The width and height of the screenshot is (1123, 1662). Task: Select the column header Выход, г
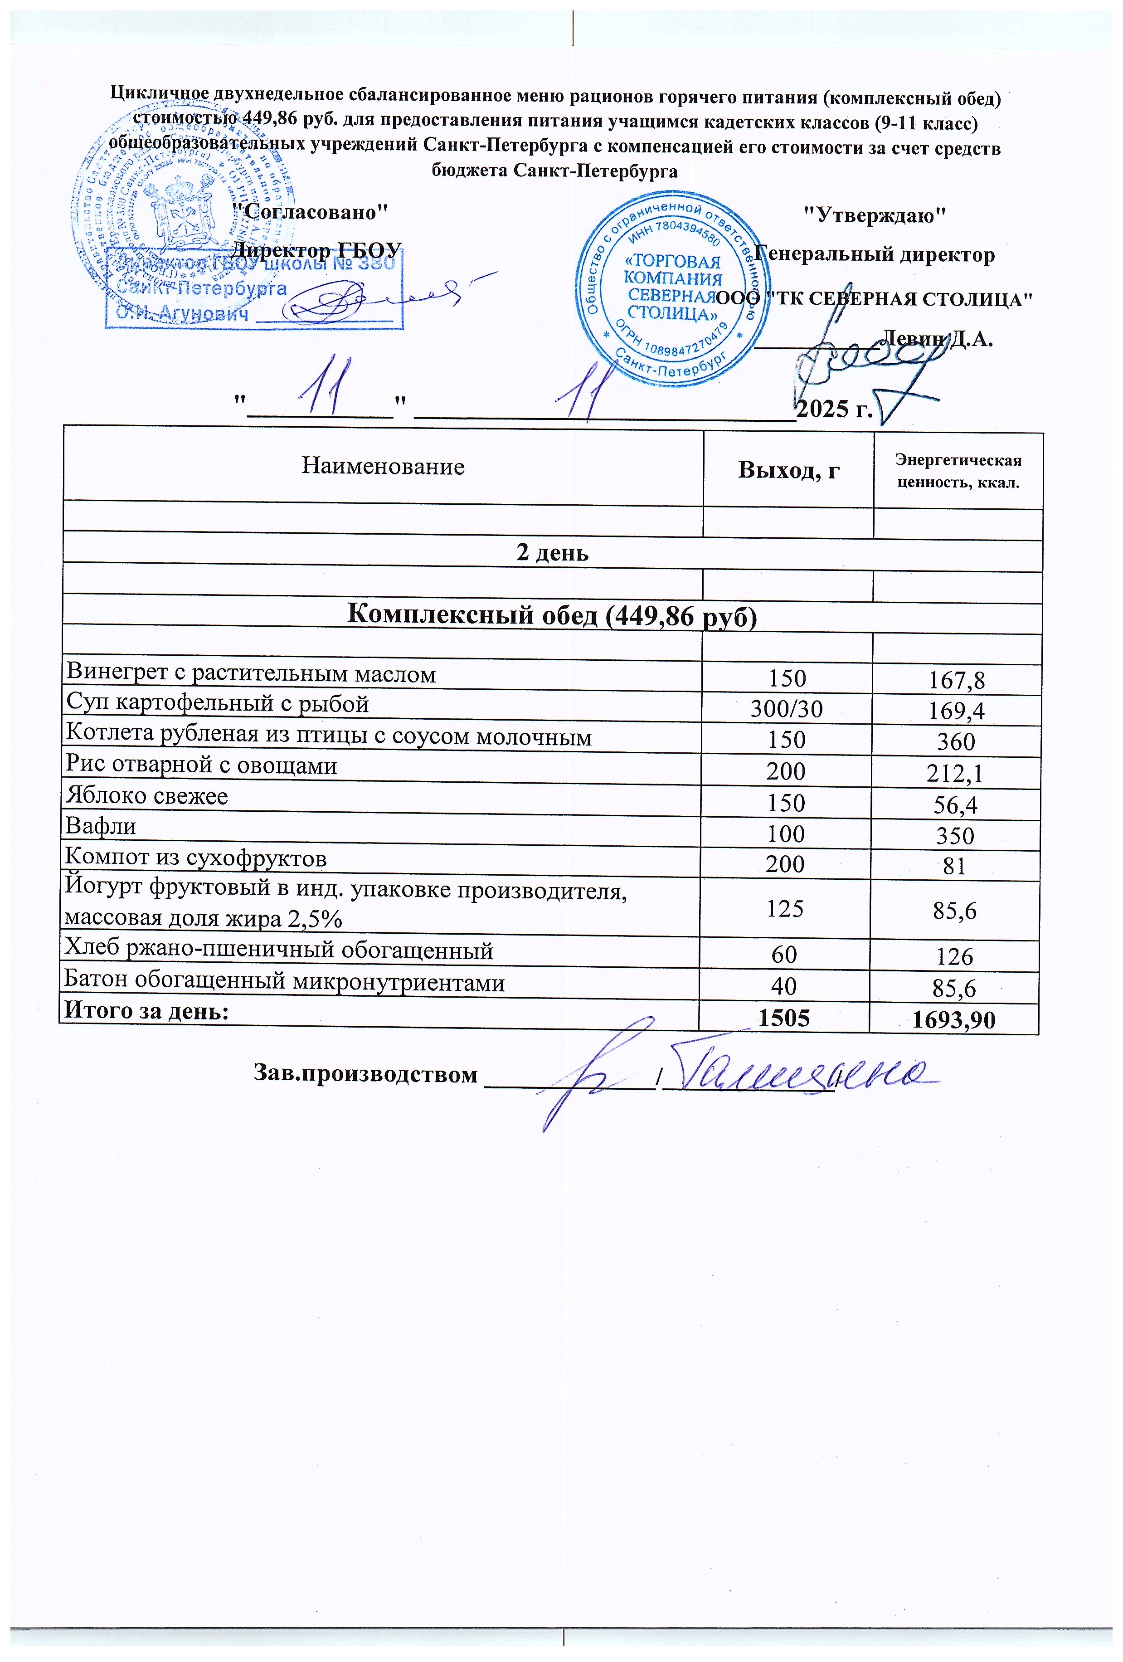pos(788,470)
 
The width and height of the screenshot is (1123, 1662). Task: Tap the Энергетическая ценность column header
pos(958,471)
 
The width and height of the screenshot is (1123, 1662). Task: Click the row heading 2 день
pos(553,553)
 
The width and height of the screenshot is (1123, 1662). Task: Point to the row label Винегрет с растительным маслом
pos(251,674)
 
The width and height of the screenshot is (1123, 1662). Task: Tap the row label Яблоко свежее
pos(146,796)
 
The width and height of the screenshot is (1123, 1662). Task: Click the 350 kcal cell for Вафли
pos(956,835)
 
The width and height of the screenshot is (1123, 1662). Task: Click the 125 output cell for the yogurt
pos(786,908)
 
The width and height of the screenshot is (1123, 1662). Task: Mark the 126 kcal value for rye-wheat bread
pos(956,956)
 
